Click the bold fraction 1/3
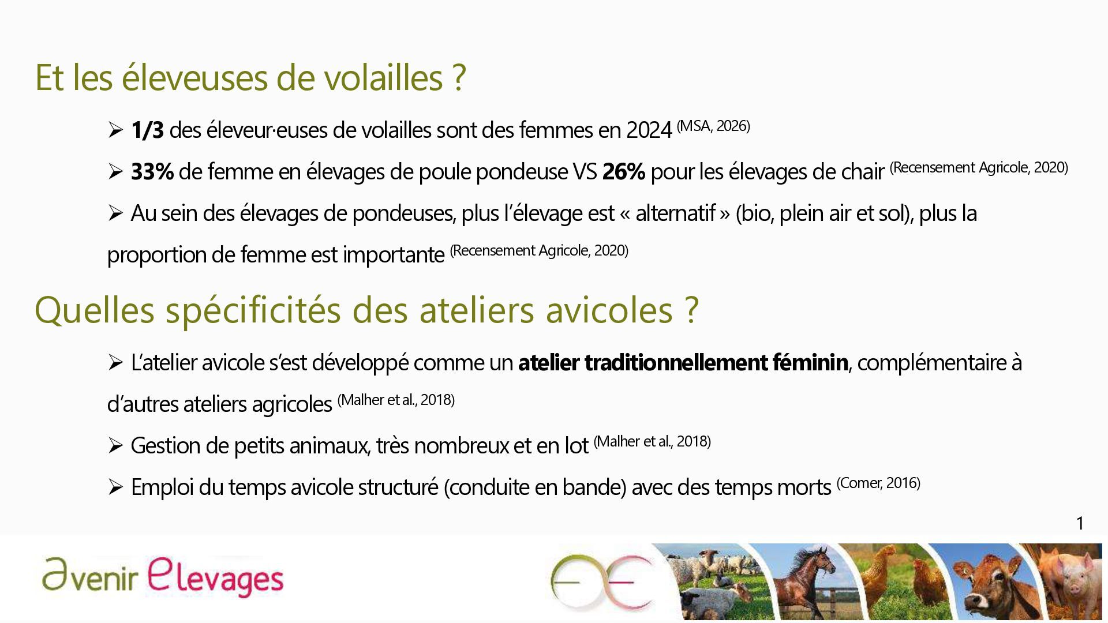coord(147,130)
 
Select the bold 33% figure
coord(152,172)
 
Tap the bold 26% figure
coord(623,172)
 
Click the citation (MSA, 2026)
coord(713,126)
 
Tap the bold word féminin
coord(810,363)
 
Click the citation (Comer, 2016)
coord(878,483)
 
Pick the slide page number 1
coord(1080,523)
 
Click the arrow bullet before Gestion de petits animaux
coord(115,446)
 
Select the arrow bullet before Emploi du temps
coord(115,487)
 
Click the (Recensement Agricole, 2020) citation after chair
coord(979,167)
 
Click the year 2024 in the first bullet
coord(649,130)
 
